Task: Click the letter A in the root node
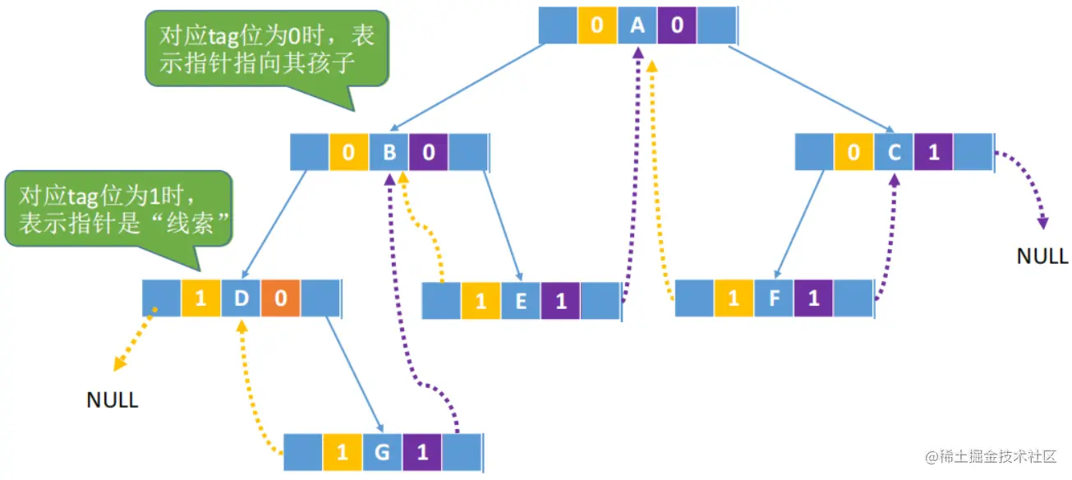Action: point(637,25)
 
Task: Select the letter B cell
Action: point(389,152)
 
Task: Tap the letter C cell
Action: point(894,152)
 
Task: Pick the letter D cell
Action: point(241,298)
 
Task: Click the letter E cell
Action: point(521,301)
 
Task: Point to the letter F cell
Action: point(774,299)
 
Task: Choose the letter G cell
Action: point(382,452)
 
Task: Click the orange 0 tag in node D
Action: point(281,298)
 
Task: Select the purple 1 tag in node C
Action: point(933,152)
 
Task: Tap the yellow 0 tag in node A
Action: point(597,25)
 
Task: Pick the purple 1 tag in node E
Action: point(560,301)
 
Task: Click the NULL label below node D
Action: point(113,400)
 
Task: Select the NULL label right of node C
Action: point(1042,256)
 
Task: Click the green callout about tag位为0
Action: point(266,49)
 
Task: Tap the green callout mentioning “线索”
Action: point(120,209)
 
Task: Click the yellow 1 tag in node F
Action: point(734,299)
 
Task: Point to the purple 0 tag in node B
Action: point(429,152)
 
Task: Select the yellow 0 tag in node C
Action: point(854,152)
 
